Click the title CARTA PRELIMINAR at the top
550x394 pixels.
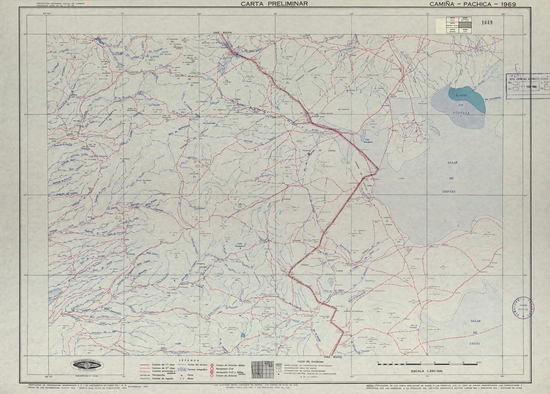click(274, 4)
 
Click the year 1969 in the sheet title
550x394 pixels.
click(508, 4)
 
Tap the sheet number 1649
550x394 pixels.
click(487, 23)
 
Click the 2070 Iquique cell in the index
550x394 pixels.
click(452, 30)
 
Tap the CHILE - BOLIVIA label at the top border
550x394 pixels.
click(222, 32)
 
